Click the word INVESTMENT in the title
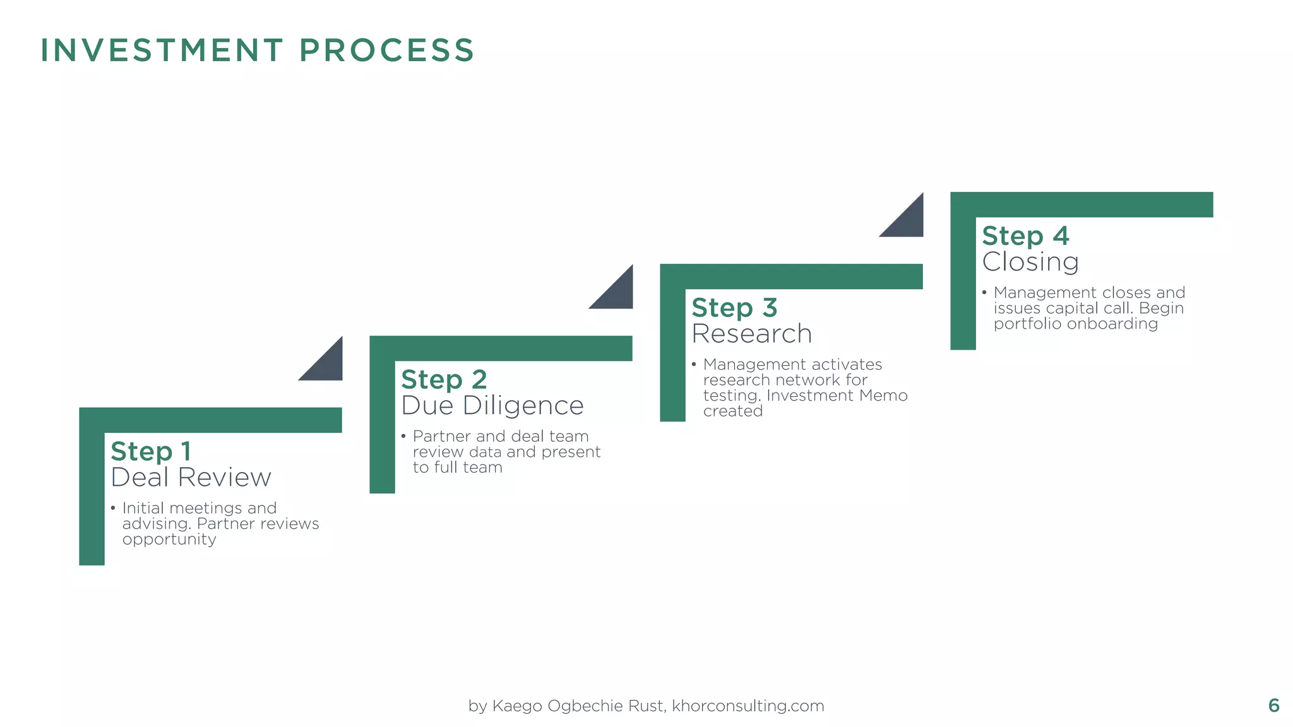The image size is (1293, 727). coord(162,50)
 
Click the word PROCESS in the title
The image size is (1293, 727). coord(386,50)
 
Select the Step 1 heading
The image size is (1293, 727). coord(150,451)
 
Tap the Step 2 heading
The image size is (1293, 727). coord(444,379)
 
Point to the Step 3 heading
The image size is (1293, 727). coord(734,307)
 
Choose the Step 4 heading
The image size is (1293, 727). coord(1025,236)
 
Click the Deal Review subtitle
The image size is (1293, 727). coord(191,477)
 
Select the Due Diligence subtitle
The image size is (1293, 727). coord(492,405)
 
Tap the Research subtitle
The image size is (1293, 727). coord(751,333)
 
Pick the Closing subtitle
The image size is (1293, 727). coord(1030,262)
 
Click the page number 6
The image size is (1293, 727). coord(1273,706)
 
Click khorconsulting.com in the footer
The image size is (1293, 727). coord(748,706)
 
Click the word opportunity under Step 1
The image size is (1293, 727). coord(169,540)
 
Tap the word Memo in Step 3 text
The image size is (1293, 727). coord(886,396)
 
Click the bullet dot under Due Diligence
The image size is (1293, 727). coord(403,436)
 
